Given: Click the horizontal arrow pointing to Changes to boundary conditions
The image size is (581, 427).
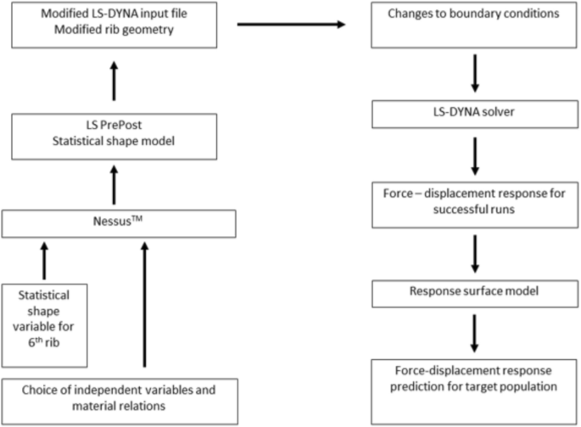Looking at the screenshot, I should coord(293,25).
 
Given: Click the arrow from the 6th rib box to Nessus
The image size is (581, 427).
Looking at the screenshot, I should coord(44,259).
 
